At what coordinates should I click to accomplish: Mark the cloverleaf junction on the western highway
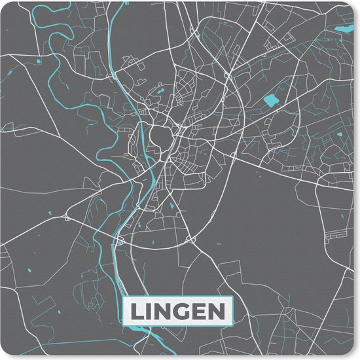[67, 217]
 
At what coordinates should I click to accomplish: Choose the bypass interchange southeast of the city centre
[191, 240]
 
